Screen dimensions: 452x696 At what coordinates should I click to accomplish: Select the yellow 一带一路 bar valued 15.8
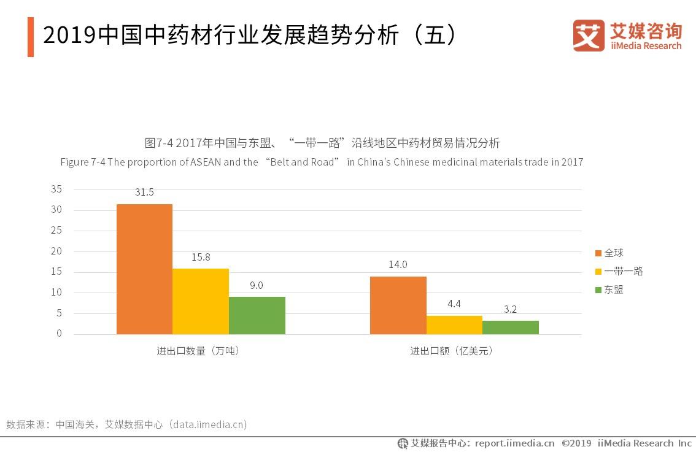201,301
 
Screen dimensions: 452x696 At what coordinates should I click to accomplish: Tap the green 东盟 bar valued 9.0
257,315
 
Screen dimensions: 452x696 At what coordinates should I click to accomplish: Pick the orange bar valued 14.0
398,305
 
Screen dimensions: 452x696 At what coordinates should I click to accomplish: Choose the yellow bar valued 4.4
454,324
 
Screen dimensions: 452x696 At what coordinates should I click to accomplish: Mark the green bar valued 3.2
510,327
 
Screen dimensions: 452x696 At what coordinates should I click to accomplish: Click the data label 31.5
144,193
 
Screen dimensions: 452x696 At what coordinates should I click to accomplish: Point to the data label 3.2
510,310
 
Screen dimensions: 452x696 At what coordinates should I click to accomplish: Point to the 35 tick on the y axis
56,190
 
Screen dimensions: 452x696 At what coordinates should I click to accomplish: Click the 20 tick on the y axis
56,251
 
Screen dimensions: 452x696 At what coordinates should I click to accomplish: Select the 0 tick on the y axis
59,334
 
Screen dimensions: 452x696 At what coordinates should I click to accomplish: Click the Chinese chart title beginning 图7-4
322,143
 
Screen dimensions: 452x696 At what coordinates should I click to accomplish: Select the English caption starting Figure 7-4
322,163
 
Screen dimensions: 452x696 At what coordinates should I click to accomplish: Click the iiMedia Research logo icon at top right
588,36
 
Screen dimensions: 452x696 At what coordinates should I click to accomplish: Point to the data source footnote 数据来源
126,424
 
